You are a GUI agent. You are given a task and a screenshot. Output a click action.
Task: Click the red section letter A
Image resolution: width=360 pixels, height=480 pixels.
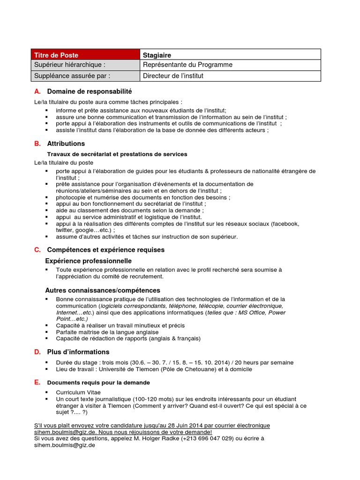coord(37,91)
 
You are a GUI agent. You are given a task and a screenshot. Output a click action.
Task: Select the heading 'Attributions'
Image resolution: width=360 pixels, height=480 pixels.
coord(66,143)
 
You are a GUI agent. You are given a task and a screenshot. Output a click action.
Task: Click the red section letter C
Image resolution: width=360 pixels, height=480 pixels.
coord(37,250)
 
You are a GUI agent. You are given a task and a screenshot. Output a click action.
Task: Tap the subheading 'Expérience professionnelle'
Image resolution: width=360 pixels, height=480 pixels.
coord(88,261)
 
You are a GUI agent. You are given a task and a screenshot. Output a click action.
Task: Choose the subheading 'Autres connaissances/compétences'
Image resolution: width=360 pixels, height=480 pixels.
coord(102,290)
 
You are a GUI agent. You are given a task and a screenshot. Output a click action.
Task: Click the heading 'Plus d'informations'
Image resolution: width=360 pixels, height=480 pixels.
coord(78,352)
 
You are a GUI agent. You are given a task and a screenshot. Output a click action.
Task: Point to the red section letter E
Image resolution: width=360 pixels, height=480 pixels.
coord(37,382)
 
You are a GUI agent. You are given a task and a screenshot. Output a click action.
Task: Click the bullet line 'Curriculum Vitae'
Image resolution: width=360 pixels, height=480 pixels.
coord(78,392)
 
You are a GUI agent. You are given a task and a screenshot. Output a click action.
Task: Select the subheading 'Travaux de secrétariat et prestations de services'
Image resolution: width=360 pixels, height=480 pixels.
coord(117,154)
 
